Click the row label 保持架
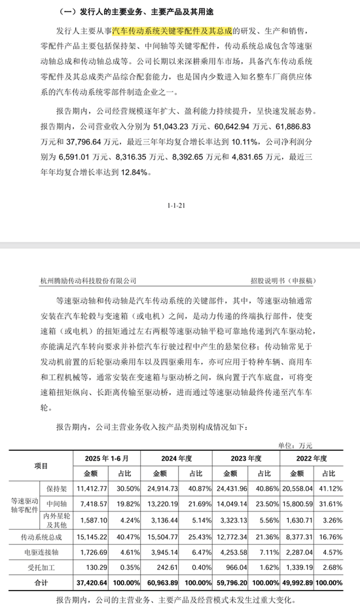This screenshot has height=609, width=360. tap(57, 488)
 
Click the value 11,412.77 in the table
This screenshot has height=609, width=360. tap(90, 488)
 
